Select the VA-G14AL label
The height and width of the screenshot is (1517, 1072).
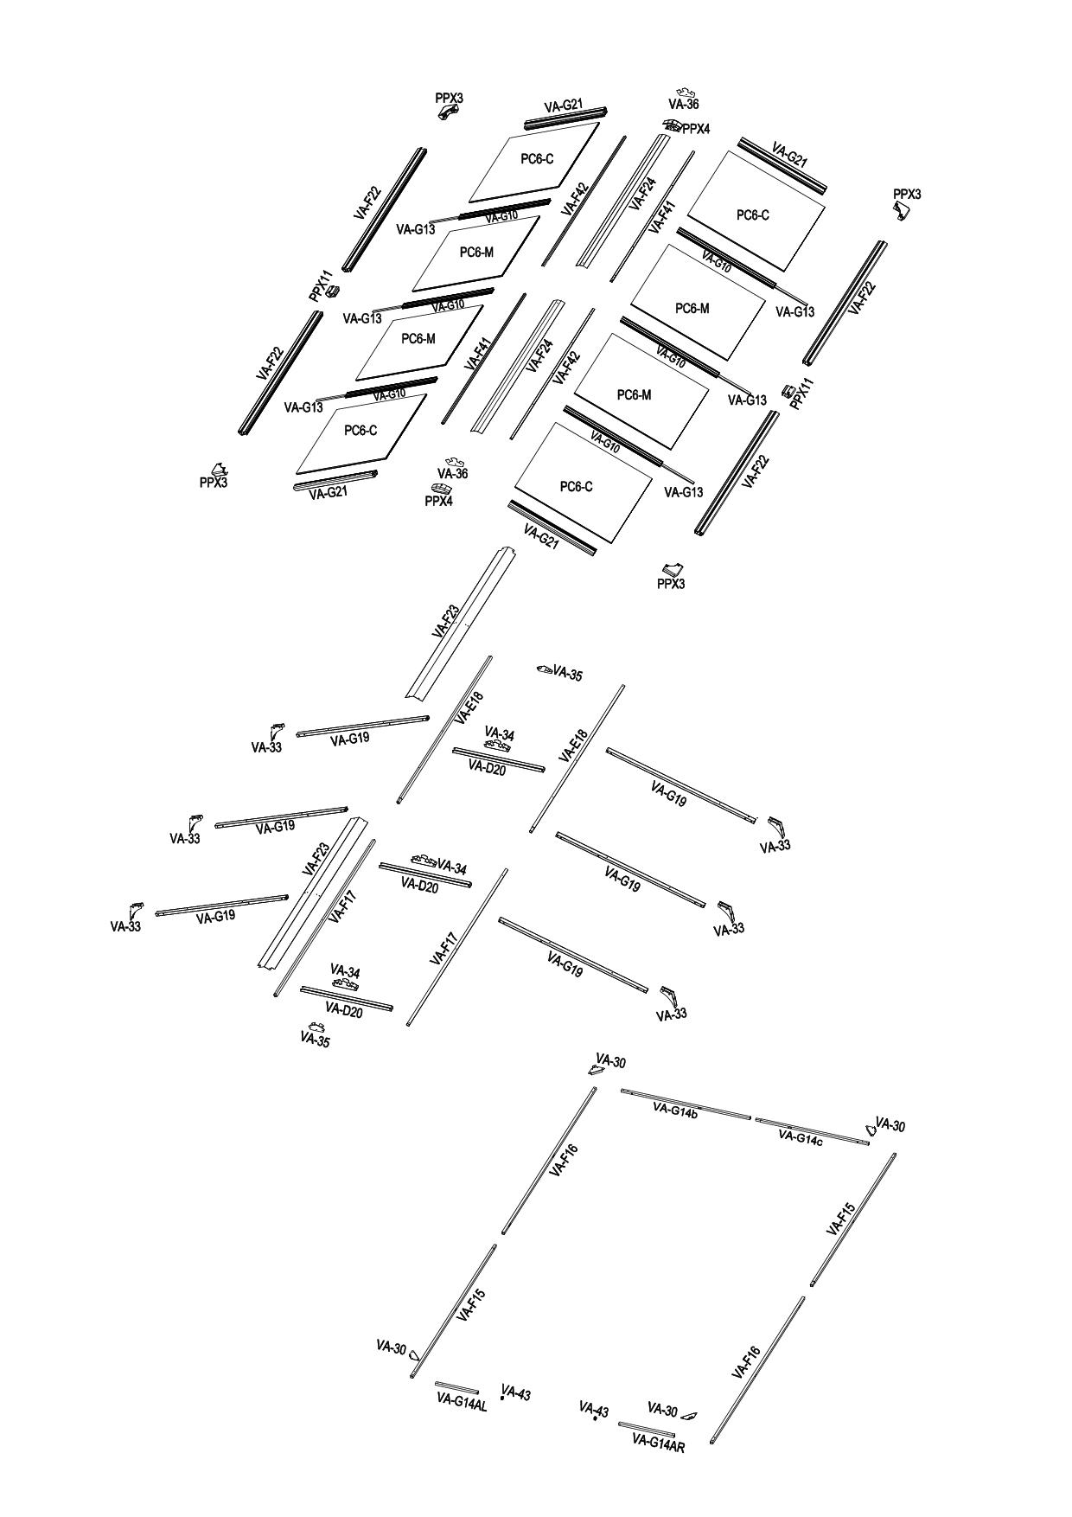coord(462,1404)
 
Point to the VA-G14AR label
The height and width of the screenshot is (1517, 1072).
coord(659,1443)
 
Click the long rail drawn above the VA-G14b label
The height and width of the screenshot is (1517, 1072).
coord(686,1104)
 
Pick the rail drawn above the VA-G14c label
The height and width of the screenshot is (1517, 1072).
coord(813,1131)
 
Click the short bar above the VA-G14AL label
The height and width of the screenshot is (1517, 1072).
coord(456,1388)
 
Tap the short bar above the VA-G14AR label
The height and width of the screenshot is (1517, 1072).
coord(646,1429)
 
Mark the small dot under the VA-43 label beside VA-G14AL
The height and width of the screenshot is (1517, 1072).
coord(502,1398)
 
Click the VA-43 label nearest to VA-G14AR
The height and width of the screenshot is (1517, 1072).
coord(594,1411)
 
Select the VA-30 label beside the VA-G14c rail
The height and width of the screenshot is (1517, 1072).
coord(890,1125)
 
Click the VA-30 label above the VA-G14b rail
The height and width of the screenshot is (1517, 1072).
coord(610,1062)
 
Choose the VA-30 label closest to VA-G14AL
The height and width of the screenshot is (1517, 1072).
coord(391,1347)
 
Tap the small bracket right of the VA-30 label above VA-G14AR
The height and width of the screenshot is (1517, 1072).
coord(689,1416)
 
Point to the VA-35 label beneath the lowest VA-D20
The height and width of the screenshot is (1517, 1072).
coord(315,1041)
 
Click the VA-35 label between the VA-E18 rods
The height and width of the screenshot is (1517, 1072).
coord(567,674)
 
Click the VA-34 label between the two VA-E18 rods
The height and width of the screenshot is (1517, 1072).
coord(500,734)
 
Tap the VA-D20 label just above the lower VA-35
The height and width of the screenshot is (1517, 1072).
coord(344,1010)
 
